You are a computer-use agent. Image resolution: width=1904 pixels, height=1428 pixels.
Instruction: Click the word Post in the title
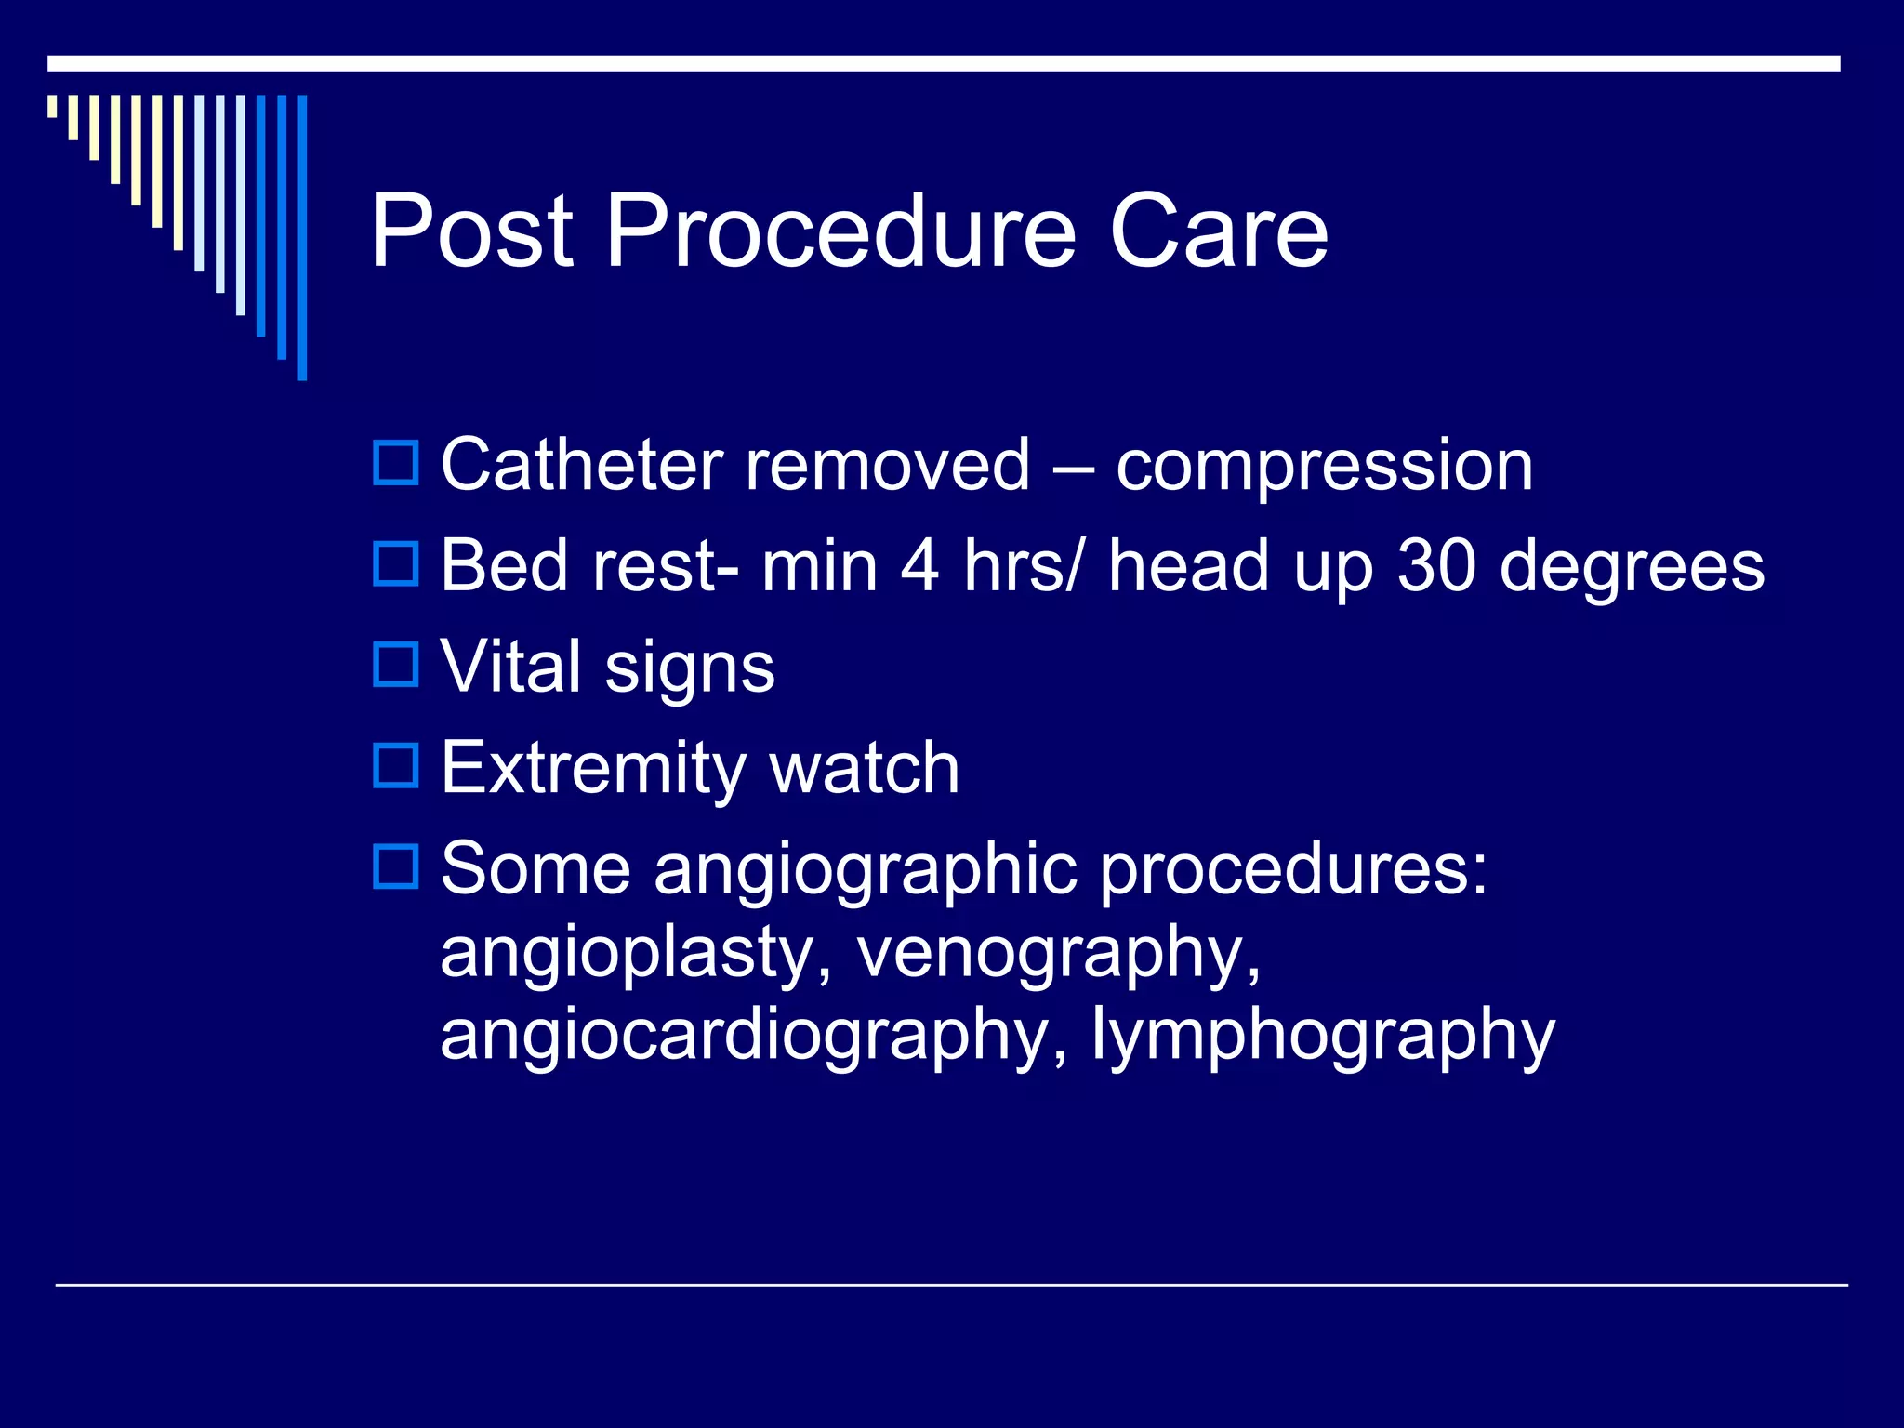(x=471, y=231)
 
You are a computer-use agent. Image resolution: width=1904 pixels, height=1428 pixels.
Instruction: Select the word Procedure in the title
(x=840, y=231)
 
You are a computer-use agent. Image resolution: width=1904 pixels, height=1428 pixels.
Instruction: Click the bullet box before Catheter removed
(x=396, y=462)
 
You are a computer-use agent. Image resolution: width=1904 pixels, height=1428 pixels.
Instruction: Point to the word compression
(x=1324, y=467)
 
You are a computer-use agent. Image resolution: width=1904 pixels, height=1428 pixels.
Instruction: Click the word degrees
(x=1632, y=569)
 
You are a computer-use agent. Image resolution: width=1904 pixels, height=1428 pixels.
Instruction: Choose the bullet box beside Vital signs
(x=396, y=664)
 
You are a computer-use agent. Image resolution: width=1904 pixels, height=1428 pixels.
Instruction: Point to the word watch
(x=865, y=768)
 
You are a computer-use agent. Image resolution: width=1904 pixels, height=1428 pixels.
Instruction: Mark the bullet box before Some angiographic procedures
(x=396, y=866)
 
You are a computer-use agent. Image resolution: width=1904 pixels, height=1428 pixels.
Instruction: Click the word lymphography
(x=1322, y=1036)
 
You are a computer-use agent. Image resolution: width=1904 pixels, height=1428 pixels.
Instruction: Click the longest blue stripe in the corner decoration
(x=302, y=237)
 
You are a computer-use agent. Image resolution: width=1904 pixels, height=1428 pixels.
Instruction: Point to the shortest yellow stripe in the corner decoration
(x=53, y=106)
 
